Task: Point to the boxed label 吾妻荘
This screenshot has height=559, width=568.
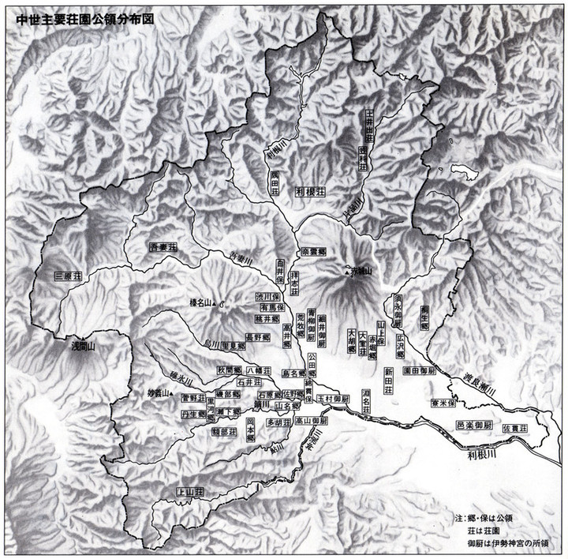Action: (164, 247)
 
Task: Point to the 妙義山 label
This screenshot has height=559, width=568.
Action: (159, 392)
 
